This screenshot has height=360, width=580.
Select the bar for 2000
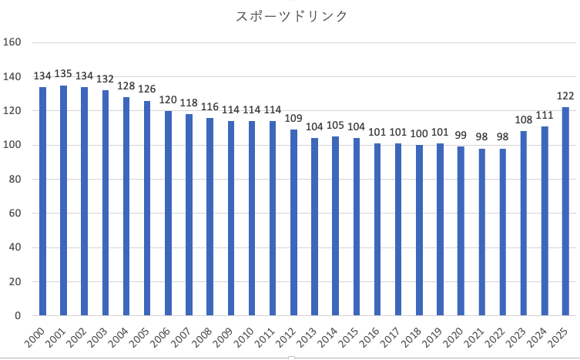43,201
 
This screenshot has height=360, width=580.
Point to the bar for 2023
524,224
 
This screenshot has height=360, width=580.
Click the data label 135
64,74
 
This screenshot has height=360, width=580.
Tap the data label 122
566,96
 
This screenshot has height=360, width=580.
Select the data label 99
461,136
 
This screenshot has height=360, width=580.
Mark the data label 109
294,119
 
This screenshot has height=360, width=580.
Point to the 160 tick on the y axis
13,42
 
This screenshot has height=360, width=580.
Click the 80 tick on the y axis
16,179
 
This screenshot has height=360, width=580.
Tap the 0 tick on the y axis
19,315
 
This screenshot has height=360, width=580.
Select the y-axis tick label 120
13,111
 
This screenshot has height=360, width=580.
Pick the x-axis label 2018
409,337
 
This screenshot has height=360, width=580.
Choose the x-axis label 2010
242,337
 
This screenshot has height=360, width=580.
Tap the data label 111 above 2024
545,115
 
